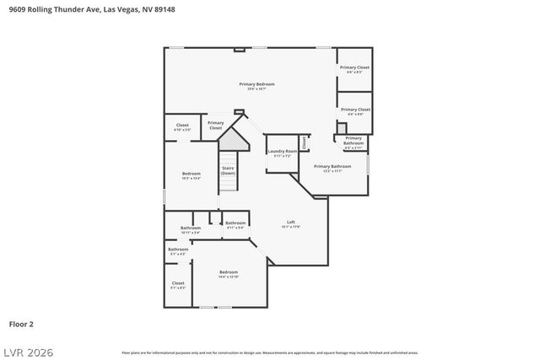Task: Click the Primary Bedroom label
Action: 256,84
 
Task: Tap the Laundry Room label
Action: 282,152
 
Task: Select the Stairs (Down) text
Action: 228,169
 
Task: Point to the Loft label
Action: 291,223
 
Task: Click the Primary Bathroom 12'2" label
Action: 332,167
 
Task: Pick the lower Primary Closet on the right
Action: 354,110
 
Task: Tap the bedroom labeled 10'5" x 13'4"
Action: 191,175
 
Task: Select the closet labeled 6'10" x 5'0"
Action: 182,127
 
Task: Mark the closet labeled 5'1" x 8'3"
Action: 177,284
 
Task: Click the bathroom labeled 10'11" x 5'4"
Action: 191,228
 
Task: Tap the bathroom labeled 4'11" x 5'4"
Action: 235,224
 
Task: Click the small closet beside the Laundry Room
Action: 304,142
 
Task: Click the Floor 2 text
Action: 22,323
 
